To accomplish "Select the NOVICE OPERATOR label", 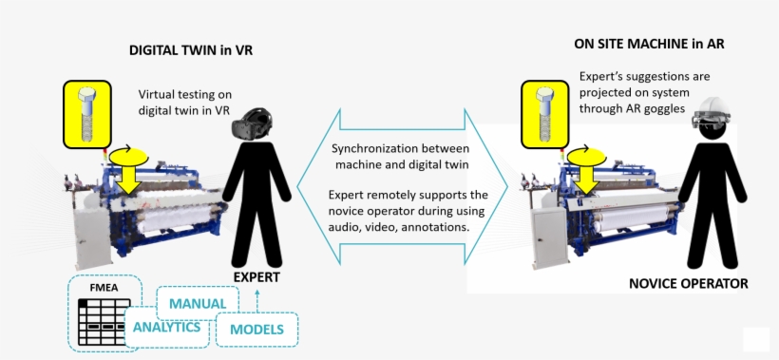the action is click(689, 283).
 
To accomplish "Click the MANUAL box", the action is click(198, 304).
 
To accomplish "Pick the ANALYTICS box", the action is click(166, 327).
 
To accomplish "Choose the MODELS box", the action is click(256, 330).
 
